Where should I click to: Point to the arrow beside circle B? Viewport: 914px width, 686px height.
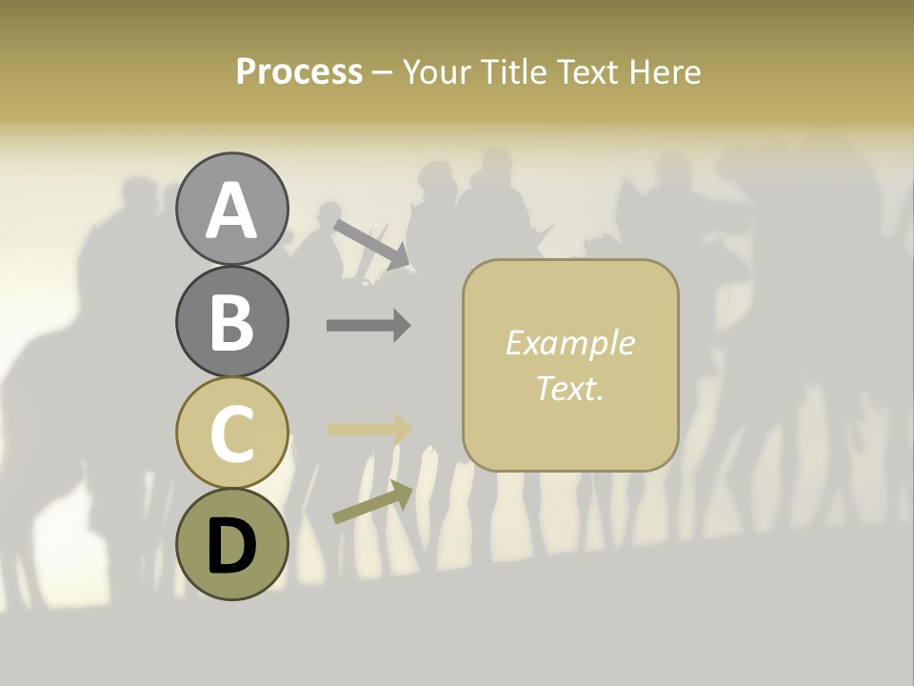coord(368,326)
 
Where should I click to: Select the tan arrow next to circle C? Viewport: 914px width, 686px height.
coord(368,429)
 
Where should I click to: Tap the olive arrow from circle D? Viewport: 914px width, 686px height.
coord(372,502)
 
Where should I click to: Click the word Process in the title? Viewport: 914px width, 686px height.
coord(299,71)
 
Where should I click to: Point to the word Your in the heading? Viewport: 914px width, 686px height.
coord(437,71)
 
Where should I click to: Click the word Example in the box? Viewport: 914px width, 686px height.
coord(569,343)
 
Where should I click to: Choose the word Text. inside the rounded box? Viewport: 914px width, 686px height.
coord(569,388)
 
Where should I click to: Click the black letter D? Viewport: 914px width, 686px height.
coord(231,547)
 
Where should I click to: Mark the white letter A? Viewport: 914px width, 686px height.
coord(231,211)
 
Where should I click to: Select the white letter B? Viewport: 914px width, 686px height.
coord(231,322)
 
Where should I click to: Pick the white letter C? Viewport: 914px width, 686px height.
coord(231,434)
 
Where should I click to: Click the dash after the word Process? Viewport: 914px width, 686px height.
coord(383,72)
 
